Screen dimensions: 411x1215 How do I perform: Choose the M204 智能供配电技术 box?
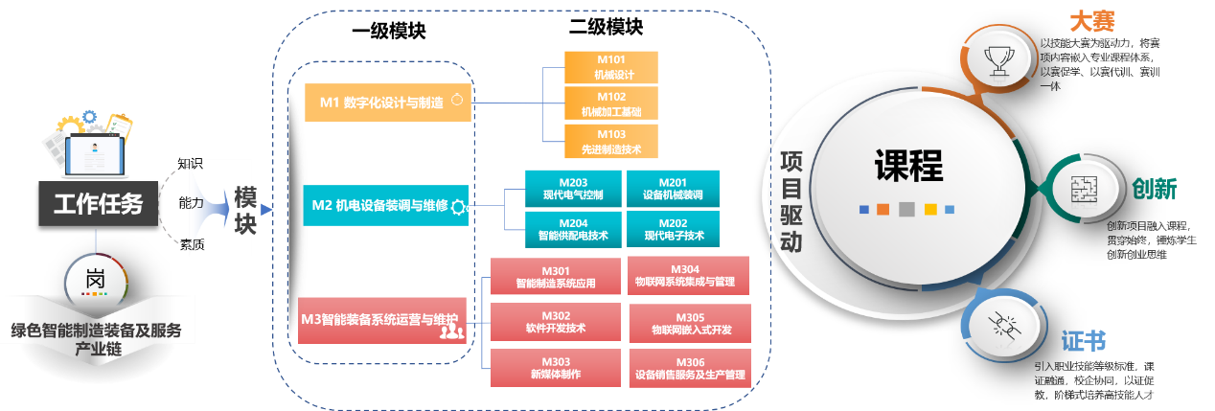point(572,228)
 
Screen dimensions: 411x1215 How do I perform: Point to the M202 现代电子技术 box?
point(672,228)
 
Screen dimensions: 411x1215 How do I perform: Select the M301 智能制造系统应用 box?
point(555,276)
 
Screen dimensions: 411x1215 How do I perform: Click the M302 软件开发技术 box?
point(555,322)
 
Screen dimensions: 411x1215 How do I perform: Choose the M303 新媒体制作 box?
point(555,368)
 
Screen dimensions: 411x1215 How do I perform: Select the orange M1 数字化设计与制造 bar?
point(388,102)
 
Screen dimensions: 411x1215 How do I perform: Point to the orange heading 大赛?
point(1091,21)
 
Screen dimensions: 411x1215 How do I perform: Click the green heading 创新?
point(1154,188)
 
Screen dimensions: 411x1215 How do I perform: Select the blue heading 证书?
point(1084,341)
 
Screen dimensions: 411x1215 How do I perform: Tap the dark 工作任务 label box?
point(98,204)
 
